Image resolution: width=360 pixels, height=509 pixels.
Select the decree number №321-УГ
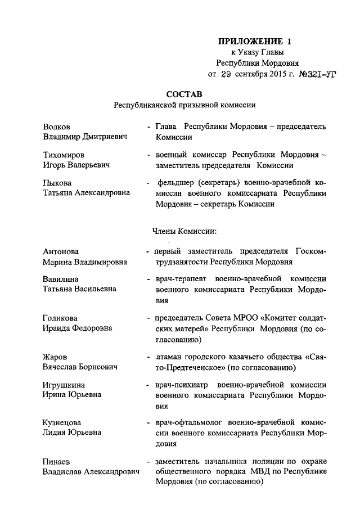point(310,74)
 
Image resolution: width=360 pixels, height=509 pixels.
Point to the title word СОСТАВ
point(183,93)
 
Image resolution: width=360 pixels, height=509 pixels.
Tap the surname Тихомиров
point(66,155)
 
